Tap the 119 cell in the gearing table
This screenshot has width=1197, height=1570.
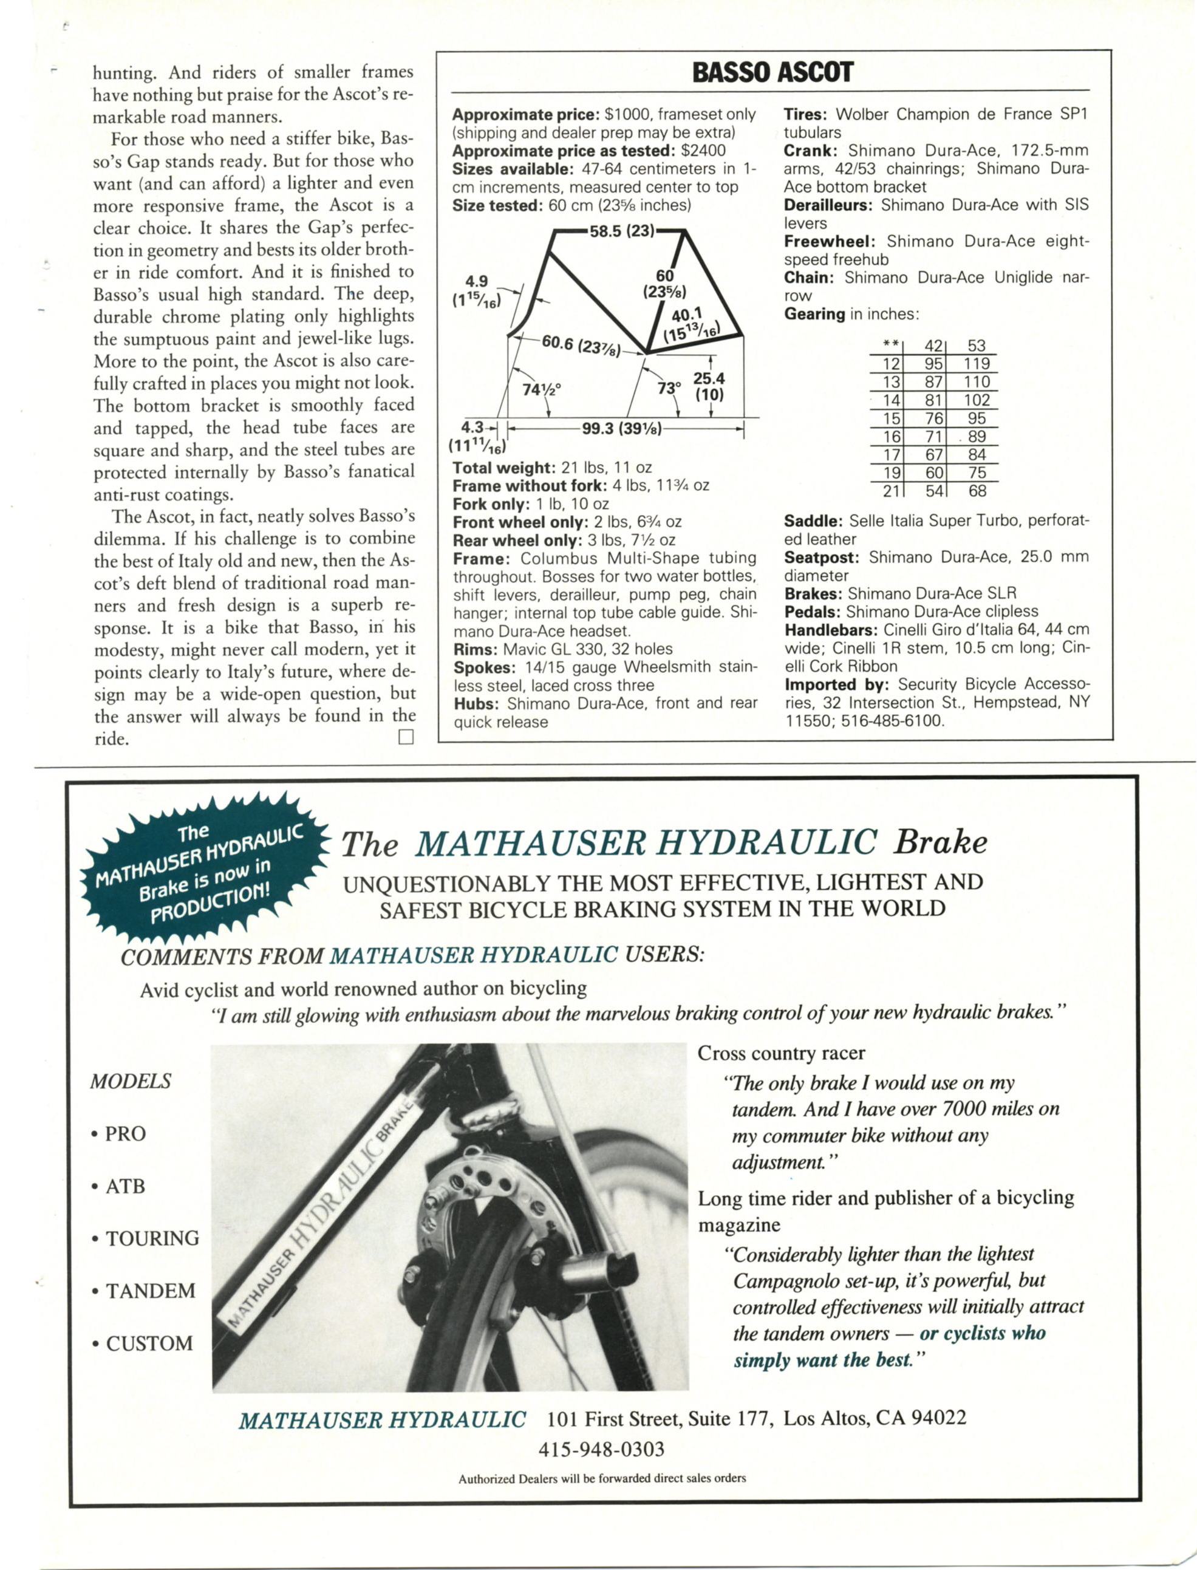pos(976,364)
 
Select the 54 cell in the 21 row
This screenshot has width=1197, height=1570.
pos(934,491)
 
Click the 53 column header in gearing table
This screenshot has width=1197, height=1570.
pos(976,346)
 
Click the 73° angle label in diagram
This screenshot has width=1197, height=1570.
pos(669,388)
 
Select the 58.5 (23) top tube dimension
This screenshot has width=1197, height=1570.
pos(621,231)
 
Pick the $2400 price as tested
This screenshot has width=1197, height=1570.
pos(703,150)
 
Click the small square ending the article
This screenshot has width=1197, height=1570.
pos(406,737)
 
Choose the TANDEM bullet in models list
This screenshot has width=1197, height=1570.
pos(144,1291)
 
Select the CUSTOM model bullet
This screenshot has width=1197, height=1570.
pos(143,1343)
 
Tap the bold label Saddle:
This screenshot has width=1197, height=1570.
pos(813,520)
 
